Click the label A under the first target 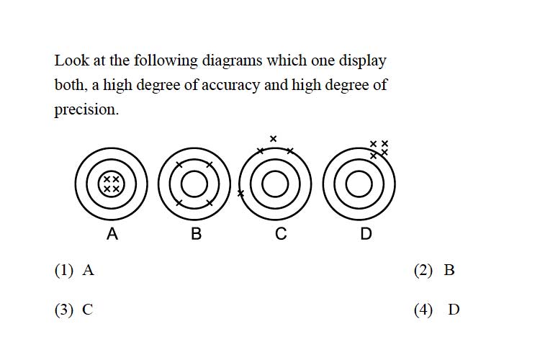[x=112, y=233]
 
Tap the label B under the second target [x=196, y=233]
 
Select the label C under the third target [x=281, y=233]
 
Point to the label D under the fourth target [x=366, y=233]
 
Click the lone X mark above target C [x=273, y=139]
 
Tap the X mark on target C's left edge [x=240, y=194]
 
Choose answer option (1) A [x=74, y=270]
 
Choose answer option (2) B [x=434, y=270]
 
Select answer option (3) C [x=73, y=310]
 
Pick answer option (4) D [x=437, y=310]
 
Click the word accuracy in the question [x=230, y=85]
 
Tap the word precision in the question [x=86, y=109]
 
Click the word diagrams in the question [x=233, y=60]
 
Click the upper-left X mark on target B [x=179, y=165]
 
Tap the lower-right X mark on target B [x=210, y=203]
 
